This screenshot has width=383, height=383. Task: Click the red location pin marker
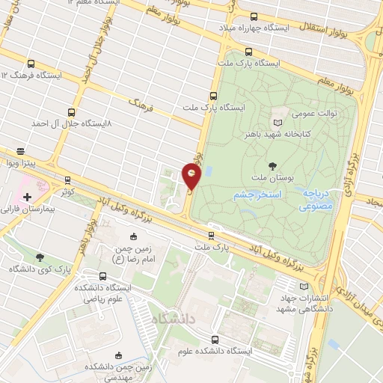click(x=192, y=177)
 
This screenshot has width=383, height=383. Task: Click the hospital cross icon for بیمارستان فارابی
click(x=28, y=197)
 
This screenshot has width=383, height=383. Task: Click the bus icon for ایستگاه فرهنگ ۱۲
click(x=30, y=64)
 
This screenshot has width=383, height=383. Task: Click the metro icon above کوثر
click(x=68, y=180)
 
